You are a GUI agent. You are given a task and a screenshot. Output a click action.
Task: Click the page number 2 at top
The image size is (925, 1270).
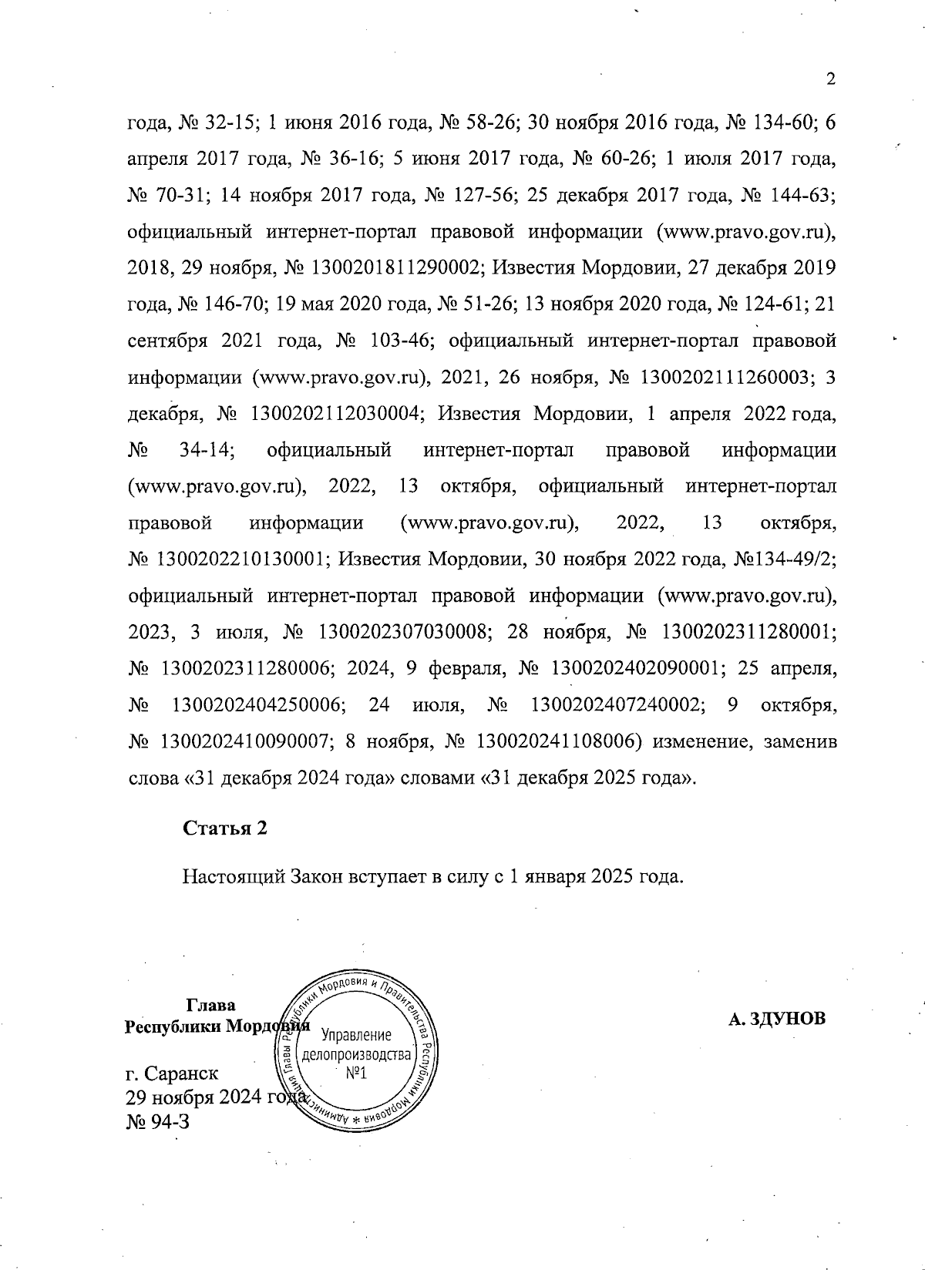(830, 79)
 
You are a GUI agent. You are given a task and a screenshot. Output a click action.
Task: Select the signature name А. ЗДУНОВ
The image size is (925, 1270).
(776, 1019)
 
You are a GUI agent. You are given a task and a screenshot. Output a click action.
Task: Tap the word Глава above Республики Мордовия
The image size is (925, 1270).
(211, 1005)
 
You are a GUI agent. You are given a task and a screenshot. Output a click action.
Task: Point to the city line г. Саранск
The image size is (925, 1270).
(171, 1073)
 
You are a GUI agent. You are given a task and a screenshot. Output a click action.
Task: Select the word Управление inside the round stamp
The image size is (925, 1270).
(356, 1035)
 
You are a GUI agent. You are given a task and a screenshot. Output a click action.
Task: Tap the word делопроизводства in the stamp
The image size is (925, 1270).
(356, 1054)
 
